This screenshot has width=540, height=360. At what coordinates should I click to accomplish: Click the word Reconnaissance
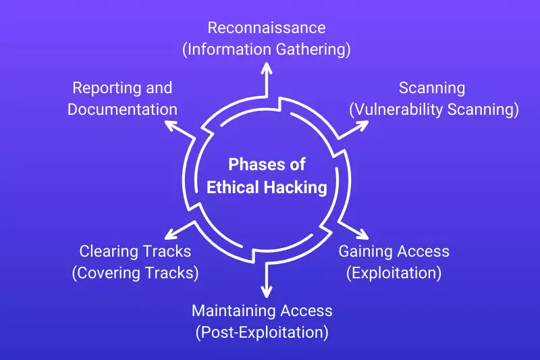pos(266,28)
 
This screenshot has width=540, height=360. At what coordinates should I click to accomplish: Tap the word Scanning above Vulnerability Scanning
pos(431,88)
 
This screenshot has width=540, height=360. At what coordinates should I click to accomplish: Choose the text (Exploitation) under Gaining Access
pos(394,273)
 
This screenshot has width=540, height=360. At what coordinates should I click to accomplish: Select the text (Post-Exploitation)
pos(262,332)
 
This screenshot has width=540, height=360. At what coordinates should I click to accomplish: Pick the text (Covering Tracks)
pos(135,273)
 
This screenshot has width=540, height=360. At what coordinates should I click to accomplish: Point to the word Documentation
pos(122,109)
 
